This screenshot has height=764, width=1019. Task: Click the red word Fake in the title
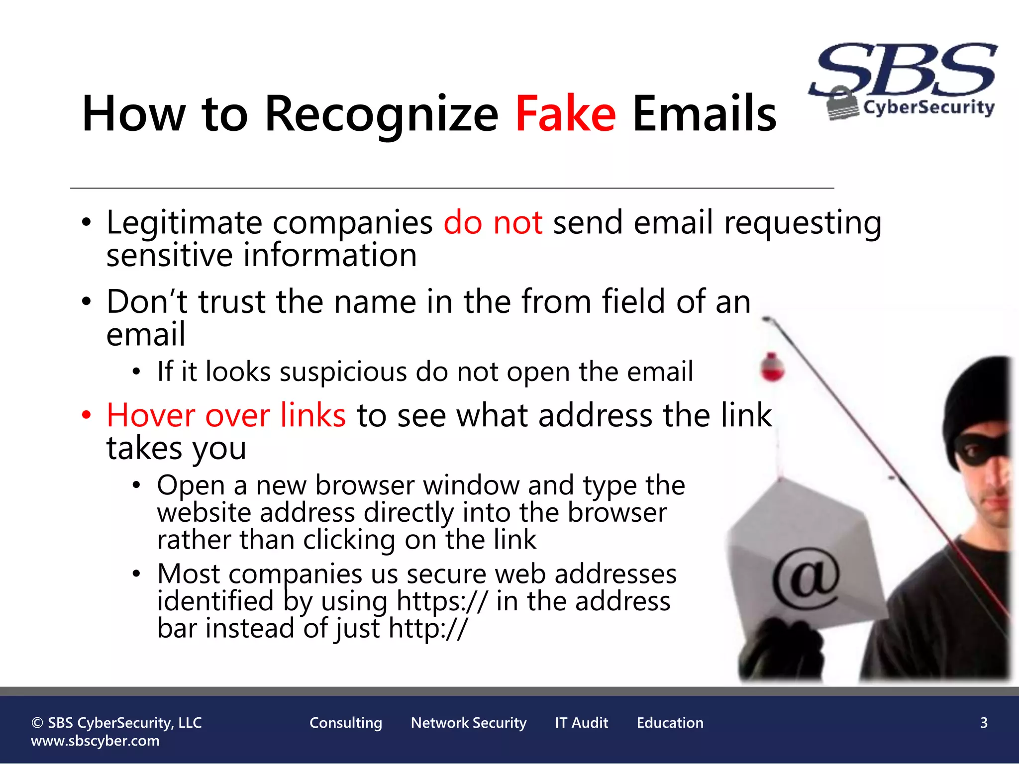[566, 114]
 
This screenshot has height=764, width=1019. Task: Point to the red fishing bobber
[772, 368]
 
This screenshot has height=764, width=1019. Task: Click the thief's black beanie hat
[975, 398]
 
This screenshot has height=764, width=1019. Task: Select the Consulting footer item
[346, 723]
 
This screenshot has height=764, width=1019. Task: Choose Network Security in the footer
[469, 723]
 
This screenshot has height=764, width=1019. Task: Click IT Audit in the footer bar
[582, 723]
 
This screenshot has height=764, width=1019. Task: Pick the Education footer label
[670, 723]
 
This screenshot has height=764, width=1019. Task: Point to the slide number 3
[984, 723]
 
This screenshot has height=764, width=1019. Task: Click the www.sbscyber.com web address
[95, 741]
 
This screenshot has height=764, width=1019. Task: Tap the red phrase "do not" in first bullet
[493, 222]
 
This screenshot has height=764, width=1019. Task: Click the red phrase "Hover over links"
[226, 415]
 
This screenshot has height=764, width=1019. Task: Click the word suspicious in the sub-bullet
[344, 372]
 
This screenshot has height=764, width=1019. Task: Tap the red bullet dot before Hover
[87, 414]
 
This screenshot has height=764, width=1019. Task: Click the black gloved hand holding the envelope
[781, 649]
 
